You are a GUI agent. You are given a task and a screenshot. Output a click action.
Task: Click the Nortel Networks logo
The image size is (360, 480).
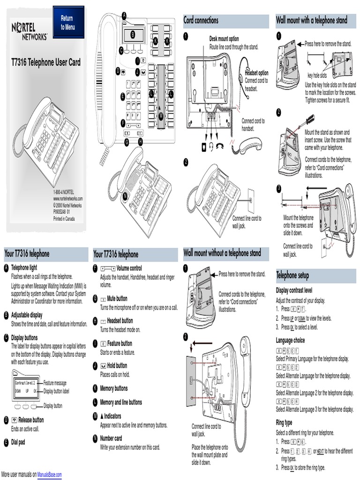tap(30, 32)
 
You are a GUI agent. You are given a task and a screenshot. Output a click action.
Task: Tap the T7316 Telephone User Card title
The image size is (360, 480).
tap(46, 62)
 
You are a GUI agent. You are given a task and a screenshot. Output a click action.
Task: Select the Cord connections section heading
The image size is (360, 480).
tap(201, 21)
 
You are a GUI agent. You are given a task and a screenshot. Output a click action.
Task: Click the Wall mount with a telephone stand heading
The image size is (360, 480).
tap(312, 20)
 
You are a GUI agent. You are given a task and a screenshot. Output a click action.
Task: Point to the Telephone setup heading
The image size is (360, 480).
tap(292, 275)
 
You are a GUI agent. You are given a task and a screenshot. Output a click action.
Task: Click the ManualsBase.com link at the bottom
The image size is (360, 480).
tap(50, 475)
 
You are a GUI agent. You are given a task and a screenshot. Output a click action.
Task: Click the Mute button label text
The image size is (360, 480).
tap(117, 298)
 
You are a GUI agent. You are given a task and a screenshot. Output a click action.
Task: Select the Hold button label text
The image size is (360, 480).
tap(117, 366)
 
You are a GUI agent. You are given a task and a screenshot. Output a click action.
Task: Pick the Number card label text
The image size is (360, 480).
tap(111, 438)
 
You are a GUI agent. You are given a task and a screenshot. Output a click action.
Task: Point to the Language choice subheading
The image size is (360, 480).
tap(290, 340)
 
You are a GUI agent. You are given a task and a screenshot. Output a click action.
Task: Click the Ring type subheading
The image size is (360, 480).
tap(284, 422)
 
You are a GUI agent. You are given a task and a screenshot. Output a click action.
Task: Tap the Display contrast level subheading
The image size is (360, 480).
tap(294, 290)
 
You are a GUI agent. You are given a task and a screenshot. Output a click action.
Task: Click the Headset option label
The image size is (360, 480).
tap(257, 73)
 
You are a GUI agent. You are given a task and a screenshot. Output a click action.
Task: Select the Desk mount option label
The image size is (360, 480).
tap(224, 39)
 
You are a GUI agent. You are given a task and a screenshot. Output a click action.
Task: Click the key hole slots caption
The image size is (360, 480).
tap(317, 75)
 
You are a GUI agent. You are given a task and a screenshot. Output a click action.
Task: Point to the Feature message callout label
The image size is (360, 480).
tap(55, 383)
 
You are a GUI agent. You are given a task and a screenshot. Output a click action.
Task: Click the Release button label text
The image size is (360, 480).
tap(31, 420)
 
